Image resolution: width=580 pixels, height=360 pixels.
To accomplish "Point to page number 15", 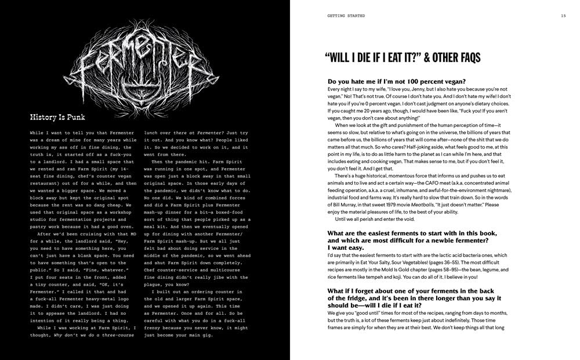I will [563, 16].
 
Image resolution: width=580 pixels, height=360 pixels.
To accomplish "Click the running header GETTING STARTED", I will [346, 16].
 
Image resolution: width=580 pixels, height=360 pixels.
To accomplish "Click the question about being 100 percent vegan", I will [405, 82].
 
